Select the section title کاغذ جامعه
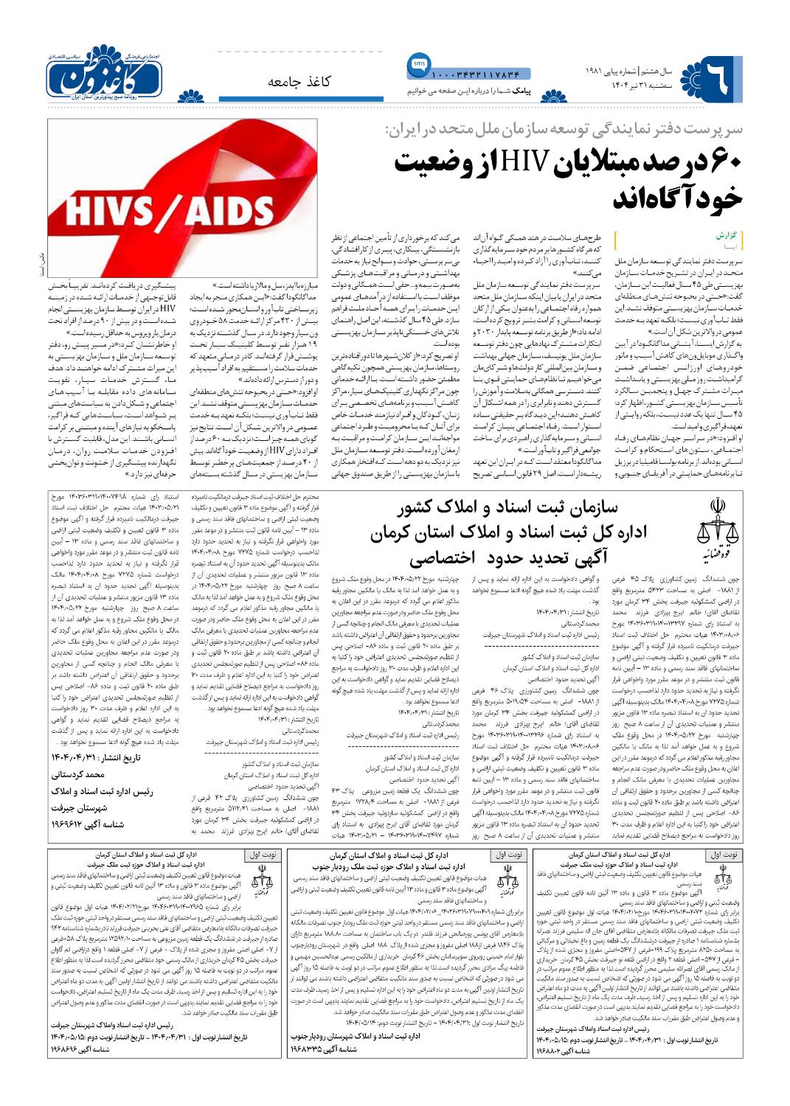pyautogui.click(x=299, y=80)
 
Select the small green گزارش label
pyautogui.click(x=726, y=236)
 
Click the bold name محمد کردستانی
pyautogui.click(x=78, y=775)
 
